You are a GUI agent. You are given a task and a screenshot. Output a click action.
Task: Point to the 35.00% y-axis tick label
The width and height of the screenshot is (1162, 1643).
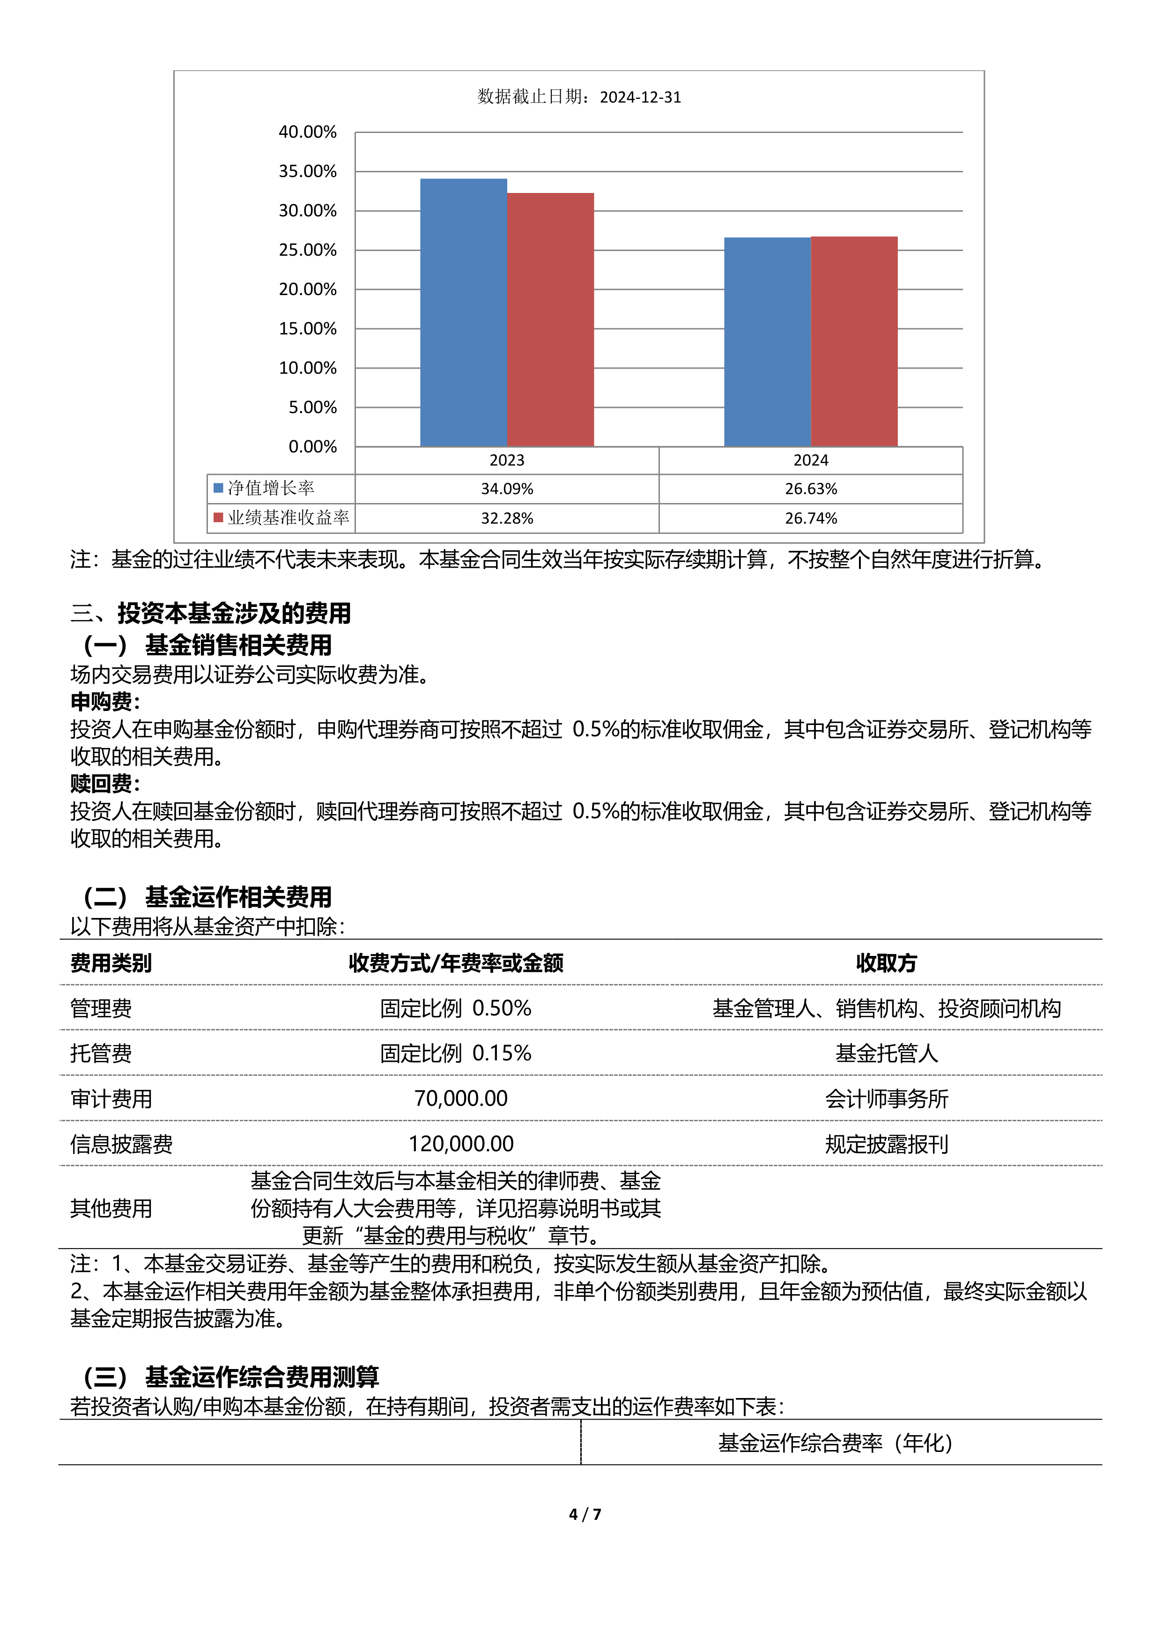click(308, 172)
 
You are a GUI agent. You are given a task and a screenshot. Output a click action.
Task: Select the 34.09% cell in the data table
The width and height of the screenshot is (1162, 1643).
click(507, 489)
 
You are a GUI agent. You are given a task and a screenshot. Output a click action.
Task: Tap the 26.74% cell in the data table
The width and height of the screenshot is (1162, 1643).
click(811, 518)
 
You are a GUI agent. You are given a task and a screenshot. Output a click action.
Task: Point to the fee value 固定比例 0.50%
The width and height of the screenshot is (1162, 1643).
click(456, 1008)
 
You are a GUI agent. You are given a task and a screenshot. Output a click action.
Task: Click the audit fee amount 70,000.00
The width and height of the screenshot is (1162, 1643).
click(461, 1098)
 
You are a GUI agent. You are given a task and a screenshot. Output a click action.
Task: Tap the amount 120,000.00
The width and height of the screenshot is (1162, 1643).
click(461, 1144)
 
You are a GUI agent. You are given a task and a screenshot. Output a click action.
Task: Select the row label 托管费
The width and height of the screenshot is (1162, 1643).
click(101, 1053)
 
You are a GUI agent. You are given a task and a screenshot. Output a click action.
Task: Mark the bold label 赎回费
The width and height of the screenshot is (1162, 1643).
click(104, 784)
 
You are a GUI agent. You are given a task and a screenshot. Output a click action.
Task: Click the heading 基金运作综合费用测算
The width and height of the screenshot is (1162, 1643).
click(262, 1376)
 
